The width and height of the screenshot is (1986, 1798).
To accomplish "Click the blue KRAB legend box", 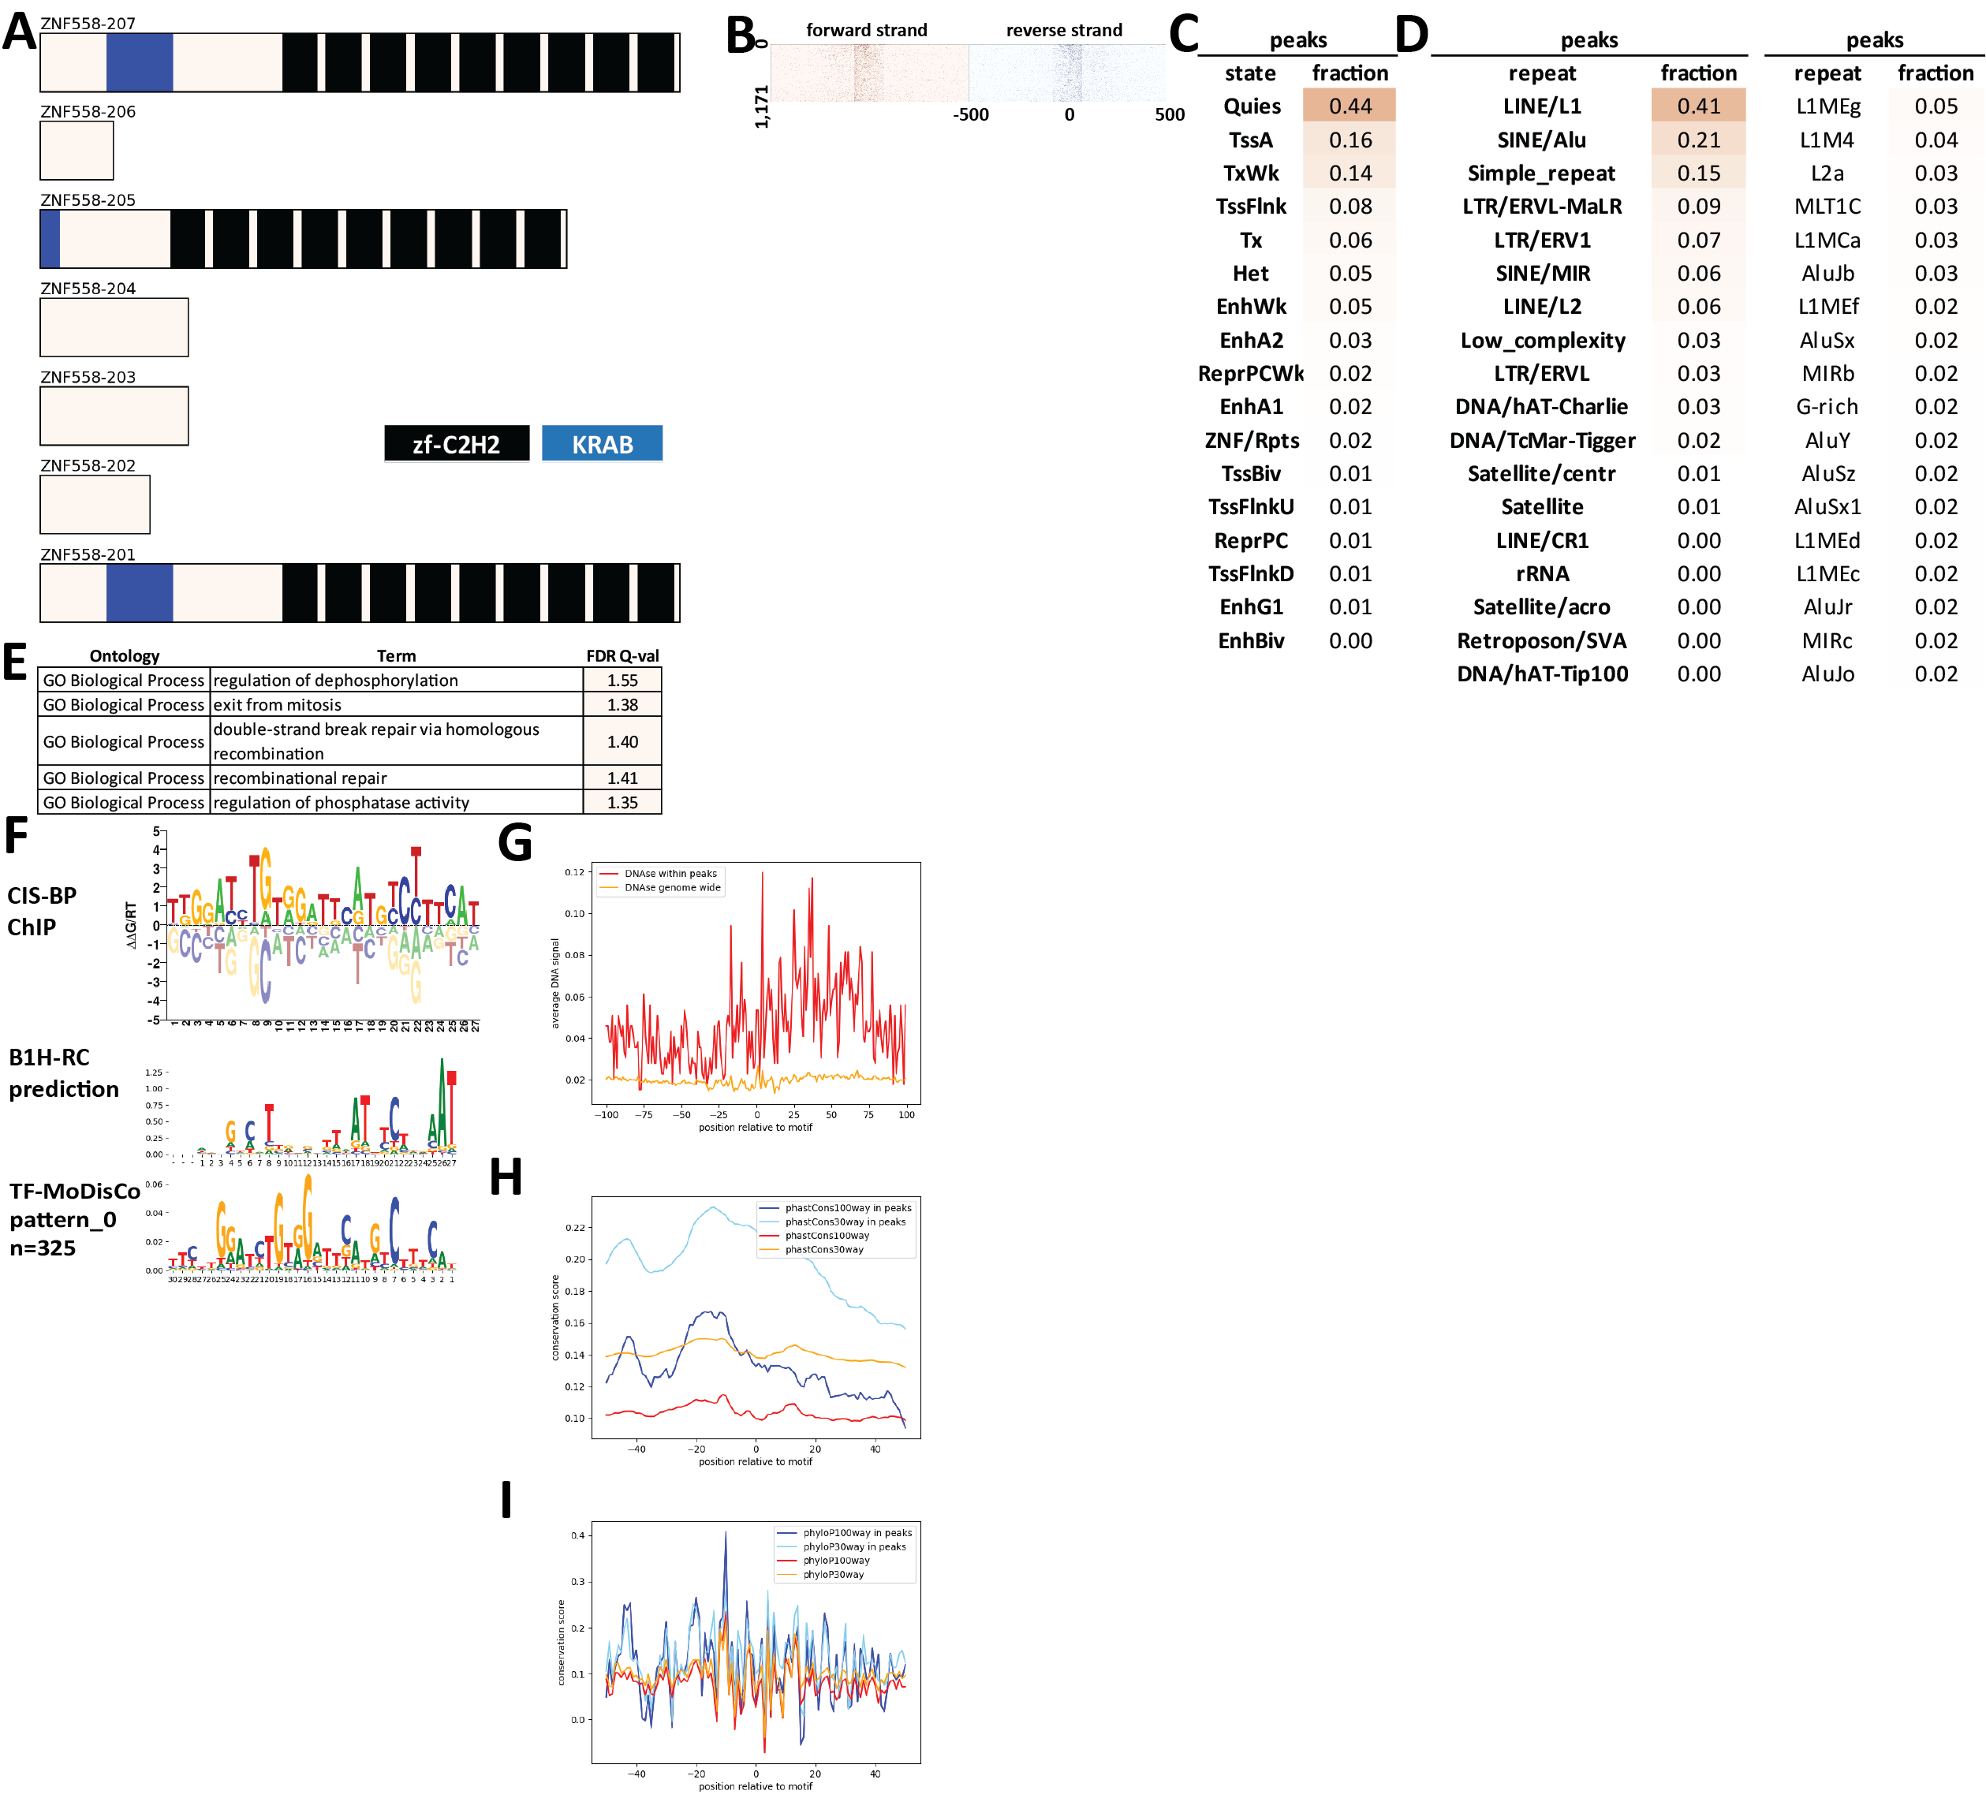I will pyautogui.click(x=602, y=443).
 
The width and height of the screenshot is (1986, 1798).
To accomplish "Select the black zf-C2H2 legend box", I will pyautogui.click(x=456, y=443).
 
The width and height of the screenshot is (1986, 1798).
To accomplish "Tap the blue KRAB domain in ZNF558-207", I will pyautogui.click(x=139, y=62).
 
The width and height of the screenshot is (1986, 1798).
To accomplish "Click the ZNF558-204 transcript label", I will pyautogui.click(x=88, y=288).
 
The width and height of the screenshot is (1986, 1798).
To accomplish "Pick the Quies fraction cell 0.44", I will pyautogui.click(x=1349, y=106).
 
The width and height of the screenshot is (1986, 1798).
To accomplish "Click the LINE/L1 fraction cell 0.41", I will pyautogui.click(x=1697, y=106).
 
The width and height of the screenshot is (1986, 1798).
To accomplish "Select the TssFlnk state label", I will pyautogui.click(x=1250, y=206).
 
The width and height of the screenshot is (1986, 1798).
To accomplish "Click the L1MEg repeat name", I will pyautogui.click(x=1827, y=106).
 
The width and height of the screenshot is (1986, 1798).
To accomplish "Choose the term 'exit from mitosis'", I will pyautogui.click(x=278, y=704).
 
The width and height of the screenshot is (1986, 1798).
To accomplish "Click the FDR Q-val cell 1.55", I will pyautogui.click(x=622, y=680).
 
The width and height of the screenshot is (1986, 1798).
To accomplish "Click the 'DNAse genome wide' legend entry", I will pyautogui.click(x=672, y=888).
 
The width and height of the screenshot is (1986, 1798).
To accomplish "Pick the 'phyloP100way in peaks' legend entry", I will pyautogui.click(x=856, y=1533).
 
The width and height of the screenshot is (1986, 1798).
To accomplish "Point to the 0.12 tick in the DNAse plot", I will pyautogui.click(x=574, y=872).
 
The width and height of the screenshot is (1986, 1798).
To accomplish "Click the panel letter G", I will pyautogui.click(x=515, y=843).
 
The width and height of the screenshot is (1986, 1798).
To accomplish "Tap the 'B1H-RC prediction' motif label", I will pyautogui.click(x=63, y=1073).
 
